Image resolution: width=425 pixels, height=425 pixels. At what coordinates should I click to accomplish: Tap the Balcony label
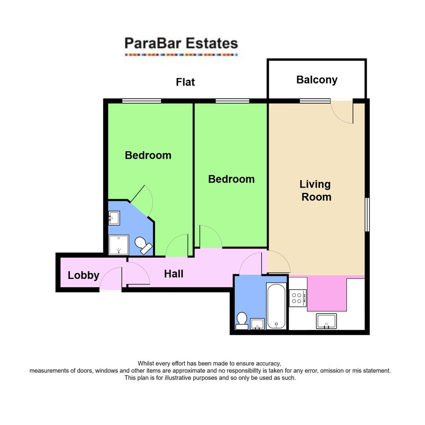tap(317, 80)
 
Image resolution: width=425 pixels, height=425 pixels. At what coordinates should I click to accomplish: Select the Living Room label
tap(316, 190)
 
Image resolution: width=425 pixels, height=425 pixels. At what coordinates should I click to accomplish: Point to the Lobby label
tap(83, 275)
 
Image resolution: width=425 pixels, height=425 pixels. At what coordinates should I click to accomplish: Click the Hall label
tap(174, 274)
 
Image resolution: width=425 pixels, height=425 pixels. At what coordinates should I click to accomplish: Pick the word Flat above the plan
tap(185, 82)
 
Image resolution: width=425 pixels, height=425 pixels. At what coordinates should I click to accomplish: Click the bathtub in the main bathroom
tap(276, 306)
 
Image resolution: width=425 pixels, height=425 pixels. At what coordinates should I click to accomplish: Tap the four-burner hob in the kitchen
tap(297, 298)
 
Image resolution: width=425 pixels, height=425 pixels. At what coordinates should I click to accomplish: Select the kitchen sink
tap(326, 321)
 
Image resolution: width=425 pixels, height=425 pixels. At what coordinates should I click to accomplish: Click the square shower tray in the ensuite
tap(119, 245)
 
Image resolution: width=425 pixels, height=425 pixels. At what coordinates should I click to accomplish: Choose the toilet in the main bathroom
tap(242, 321)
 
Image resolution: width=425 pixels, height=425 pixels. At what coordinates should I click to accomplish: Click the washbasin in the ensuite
tap(114, 218)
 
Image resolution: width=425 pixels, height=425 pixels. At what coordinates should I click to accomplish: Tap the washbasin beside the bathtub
tap(257, 324)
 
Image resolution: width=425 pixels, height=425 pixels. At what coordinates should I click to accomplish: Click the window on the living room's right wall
tap(367, 214)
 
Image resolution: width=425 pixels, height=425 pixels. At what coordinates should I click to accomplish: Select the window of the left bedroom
tap(141, 101)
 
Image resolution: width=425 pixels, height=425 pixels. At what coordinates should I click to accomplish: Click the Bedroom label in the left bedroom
tap(148, 155)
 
